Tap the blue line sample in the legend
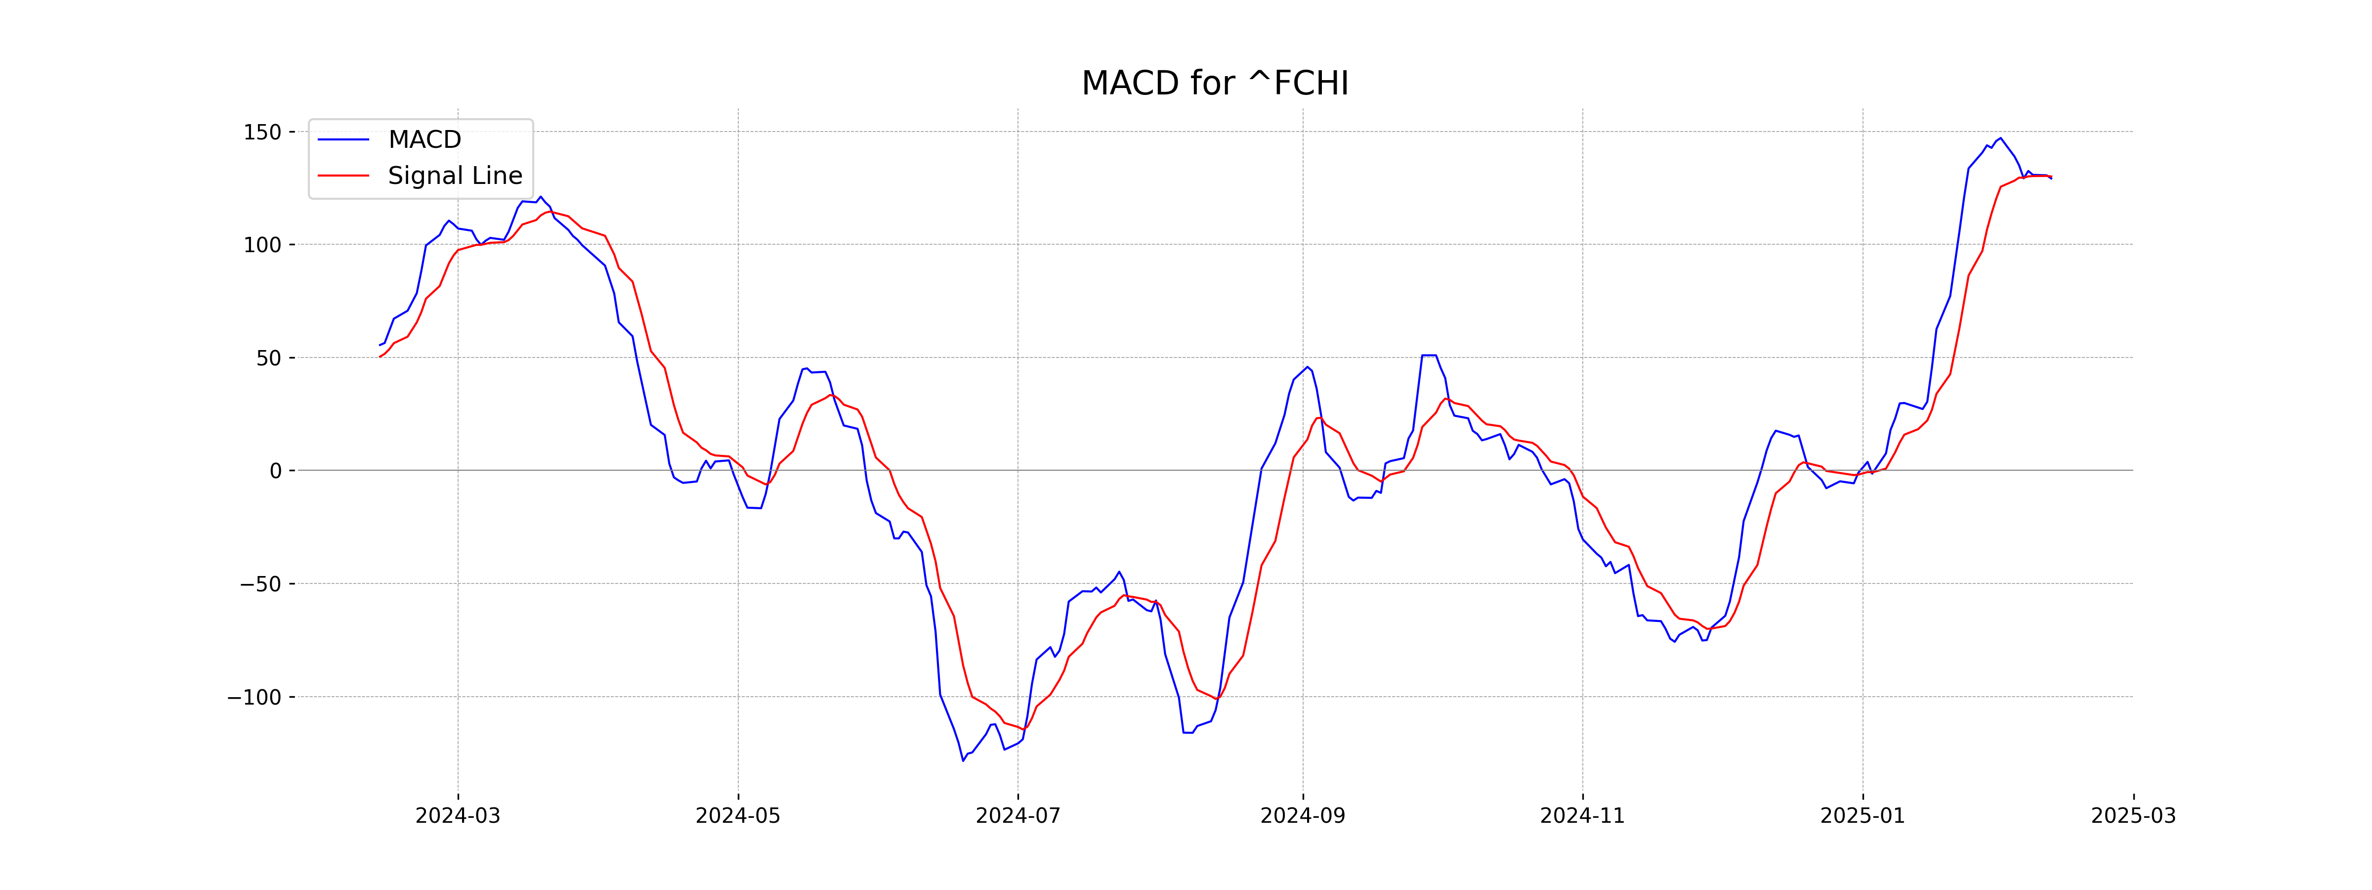tap(343, 139)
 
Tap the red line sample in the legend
tap(343, 175)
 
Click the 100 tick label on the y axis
tap(262, 245)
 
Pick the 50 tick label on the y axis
tap(269, 358)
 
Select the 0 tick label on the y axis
tap(275, 471)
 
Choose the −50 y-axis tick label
tap(260, 584)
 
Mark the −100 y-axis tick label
tap(254, 698)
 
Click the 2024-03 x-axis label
tap(458, 816)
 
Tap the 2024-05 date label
tap(738, 816)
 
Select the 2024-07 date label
tap(1017, 816)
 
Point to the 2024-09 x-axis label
tap(1302, 816)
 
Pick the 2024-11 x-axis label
tap(1582, 816)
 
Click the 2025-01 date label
tap(1862, 816)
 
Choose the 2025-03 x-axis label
tap(2133, 816)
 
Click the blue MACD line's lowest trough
tap(963, 760)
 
